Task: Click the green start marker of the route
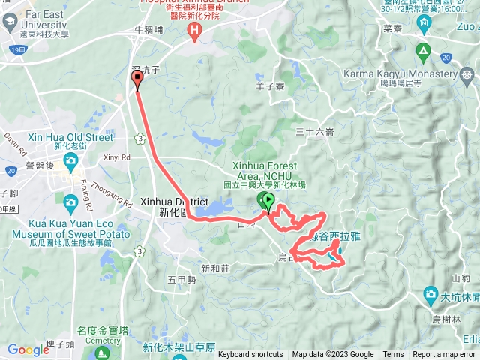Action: (x=265, y=200)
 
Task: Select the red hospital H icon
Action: (x=195, y=30)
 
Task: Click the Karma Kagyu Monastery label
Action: (x=400, y=74)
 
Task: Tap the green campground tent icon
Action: (x=422, y=52)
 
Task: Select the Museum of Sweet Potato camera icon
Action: (x=70, y=202)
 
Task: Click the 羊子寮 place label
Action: (x=269, y=86)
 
